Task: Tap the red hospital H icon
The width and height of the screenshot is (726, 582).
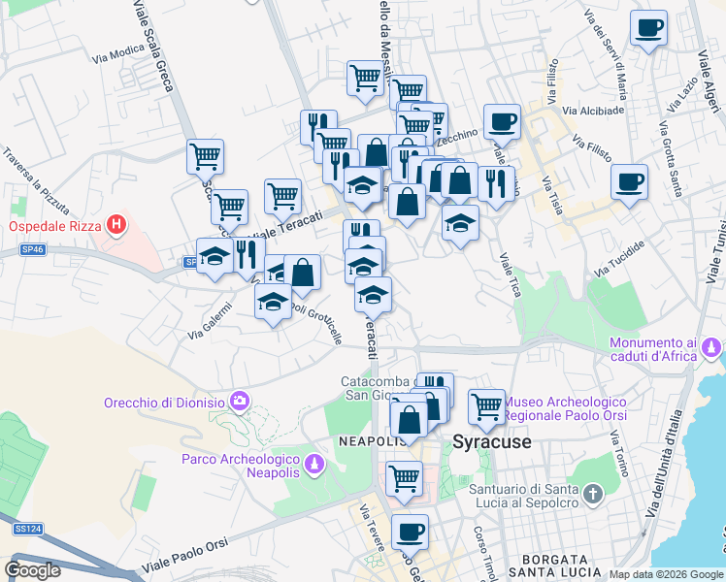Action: [x=116, y=227]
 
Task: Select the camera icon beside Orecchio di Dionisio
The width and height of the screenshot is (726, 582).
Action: [x=239, y=401]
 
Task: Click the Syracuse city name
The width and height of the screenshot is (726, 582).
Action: [x=492, y=442]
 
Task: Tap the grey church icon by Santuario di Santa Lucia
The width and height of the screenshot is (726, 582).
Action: [x=594, y=496]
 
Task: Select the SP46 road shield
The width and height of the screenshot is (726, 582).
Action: [x=32, y=249]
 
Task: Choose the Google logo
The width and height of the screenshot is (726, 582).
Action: [x=32, y=570]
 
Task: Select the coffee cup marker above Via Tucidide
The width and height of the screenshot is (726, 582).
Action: [x=629, y=180]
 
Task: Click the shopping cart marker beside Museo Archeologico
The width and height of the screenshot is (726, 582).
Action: [x=486, y=406]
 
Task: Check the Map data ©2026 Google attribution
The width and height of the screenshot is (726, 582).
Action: [x=666, y=574]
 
